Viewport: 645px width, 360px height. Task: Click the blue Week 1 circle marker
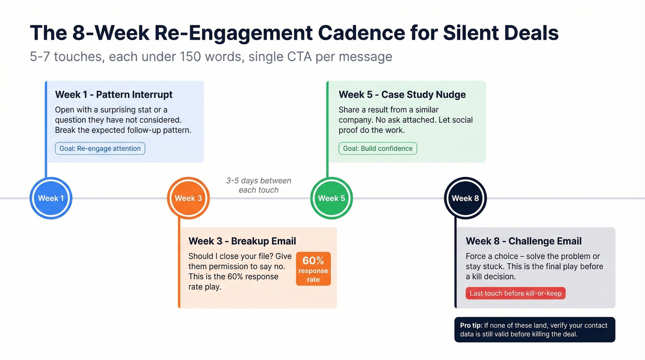[51, 198]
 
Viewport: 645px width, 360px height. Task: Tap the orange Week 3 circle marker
[188, 198]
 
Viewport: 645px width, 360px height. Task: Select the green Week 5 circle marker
[331, 198]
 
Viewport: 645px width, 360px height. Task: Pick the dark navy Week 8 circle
[465, 198]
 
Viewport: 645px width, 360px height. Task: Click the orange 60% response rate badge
[313, 269]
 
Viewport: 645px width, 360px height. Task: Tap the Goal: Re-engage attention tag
[100, 148]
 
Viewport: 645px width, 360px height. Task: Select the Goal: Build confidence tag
[378, 148]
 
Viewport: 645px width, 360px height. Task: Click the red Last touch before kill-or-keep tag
[516, 293]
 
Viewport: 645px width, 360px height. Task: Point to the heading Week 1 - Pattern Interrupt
[114, 94]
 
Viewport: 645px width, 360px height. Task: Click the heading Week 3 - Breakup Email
[242, 241]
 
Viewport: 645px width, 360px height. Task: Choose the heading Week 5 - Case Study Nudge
[402, 94]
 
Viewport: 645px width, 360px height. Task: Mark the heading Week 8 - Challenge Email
[523, 241]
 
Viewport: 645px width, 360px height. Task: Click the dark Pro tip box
[534, 330]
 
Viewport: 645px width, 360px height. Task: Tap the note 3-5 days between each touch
[258, 185]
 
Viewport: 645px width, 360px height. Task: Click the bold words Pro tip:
[471, 325]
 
